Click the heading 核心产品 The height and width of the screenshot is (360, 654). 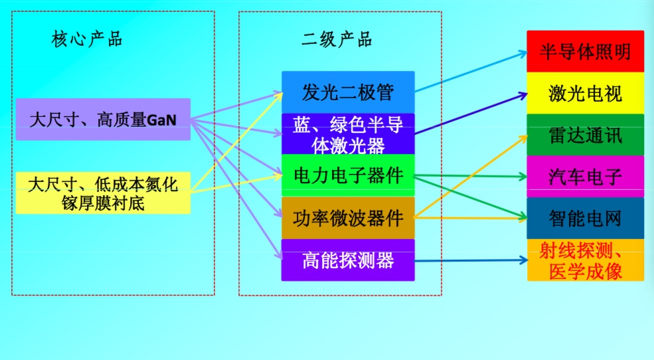tap(87, 39)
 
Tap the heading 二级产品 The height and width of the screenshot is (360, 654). tap(337, 39)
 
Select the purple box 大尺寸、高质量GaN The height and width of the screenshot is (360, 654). tap(103, 120)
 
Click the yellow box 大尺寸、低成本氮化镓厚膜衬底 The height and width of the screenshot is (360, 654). tap(103, 193)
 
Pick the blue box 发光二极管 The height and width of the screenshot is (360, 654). tap(348, 92)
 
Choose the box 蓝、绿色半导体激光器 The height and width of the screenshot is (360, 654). tap(348, 134)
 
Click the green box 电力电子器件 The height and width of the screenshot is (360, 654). tap(348, 175)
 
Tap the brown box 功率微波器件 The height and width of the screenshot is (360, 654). tap(348, 217)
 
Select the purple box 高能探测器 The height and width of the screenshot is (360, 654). tap(348, 260)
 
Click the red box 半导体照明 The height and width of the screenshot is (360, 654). tap(585, 51)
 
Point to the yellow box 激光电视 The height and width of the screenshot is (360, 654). tap(585, 93)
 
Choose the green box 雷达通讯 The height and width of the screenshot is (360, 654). tap(585, 135)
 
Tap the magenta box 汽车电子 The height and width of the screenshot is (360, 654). tap(585, 177)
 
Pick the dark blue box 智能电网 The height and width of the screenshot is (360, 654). tap(585, 218)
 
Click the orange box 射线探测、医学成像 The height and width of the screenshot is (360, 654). tap(585, 260)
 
